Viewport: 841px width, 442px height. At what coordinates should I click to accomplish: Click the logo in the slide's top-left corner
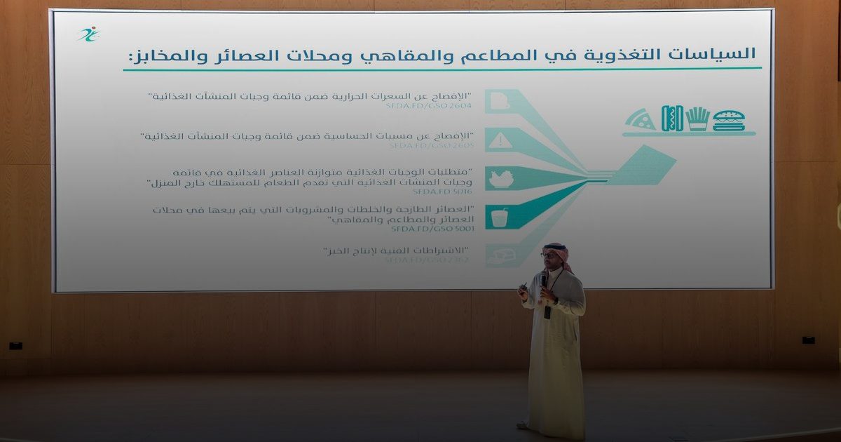click(88, 34)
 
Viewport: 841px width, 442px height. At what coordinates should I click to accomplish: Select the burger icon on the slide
click(729, 120)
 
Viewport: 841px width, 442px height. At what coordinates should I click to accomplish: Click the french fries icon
click(697, 119)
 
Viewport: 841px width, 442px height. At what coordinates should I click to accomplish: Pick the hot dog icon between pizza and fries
click(672, 119)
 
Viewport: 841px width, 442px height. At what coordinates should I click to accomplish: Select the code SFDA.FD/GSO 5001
click(432, 229)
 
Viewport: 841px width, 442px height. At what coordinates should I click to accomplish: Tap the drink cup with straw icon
click(499, 217)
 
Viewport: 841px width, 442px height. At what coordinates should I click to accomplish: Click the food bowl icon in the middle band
click(500, 180)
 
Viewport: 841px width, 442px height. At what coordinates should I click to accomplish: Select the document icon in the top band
click(499, 102)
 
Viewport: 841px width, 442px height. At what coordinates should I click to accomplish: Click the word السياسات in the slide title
click(722, 54)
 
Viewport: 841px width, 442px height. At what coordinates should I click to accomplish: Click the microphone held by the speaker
click(544, 279)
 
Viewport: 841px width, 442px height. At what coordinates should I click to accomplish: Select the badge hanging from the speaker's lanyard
click(547, 312)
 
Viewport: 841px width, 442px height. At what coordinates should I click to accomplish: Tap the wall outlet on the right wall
click(809, 340)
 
